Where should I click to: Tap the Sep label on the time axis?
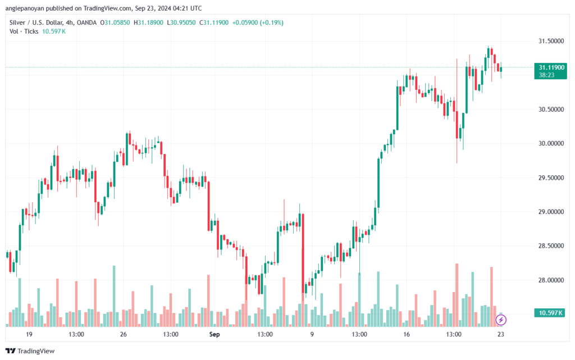[213, 334]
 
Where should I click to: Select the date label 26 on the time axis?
[124, 334]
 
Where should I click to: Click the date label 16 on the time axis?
[406, 334]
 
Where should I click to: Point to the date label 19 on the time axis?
[29, 334]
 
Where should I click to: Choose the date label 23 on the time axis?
[501, 334]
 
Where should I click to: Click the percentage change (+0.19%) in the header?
[268, 22]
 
